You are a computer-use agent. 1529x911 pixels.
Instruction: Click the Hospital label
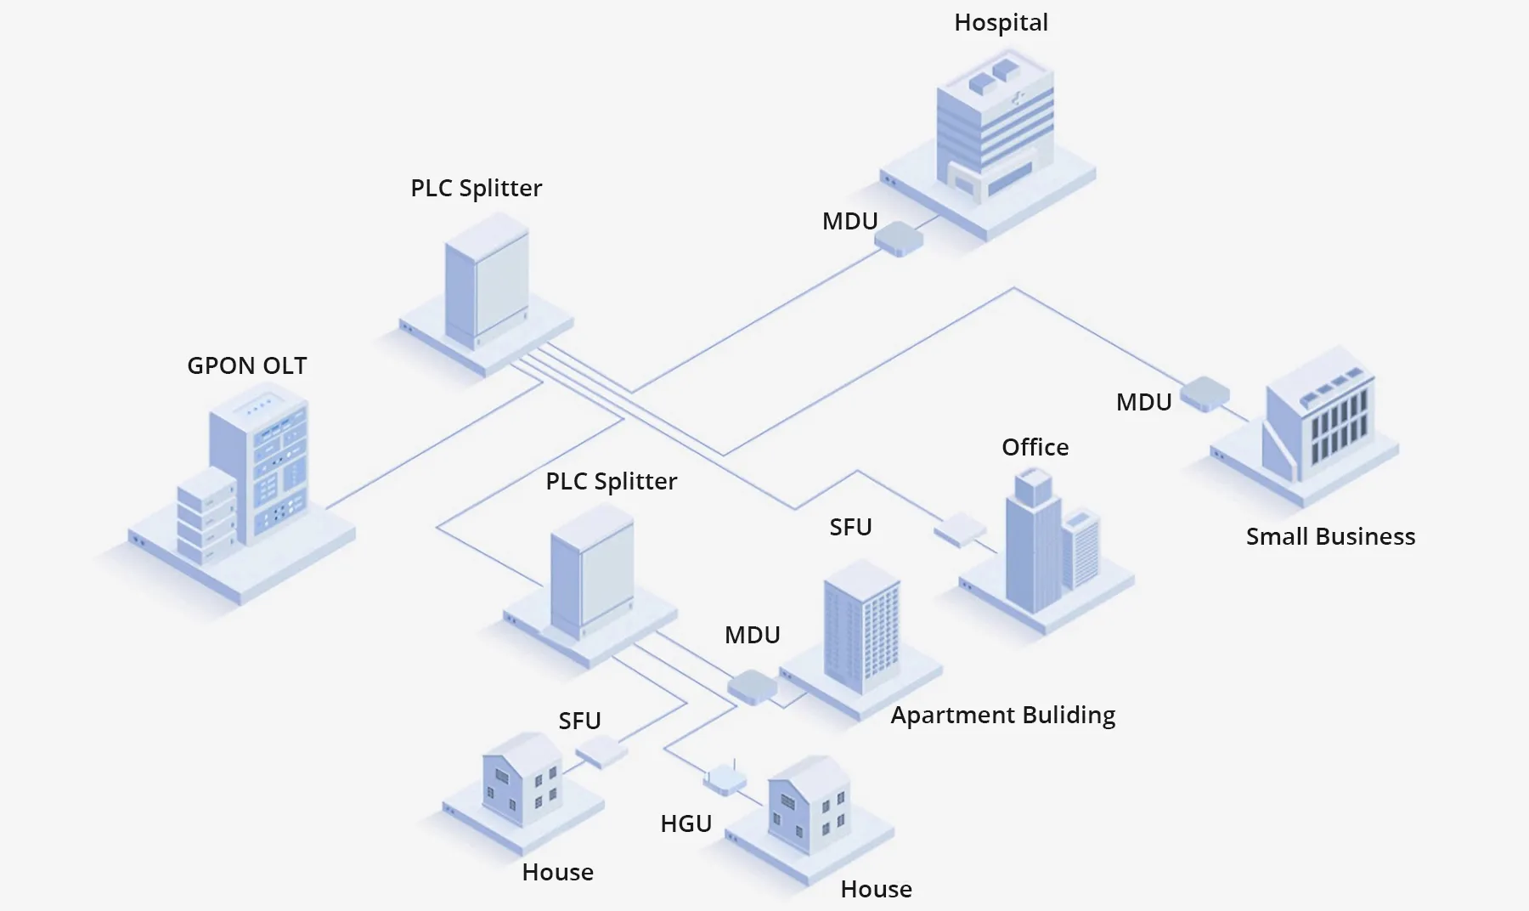[x=1001, y=23]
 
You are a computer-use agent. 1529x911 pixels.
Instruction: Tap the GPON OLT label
[x=246, y=366]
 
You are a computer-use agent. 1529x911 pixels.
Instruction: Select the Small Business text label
[x=1330, y=537]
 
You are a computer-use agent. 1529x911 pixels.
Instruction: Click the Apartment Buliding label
[x=1002, y=716]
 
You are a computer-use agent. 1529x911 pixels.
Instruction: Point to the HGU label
[x=686, y=823]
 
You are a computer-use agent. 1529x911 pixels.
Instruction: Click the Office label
[x=1035, y=448]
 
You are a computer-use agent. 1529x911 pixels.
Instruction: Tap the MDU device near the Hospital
[x=899, y=240]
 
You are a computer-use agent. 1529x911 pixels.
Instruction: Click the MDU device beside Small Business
[x=1205, y=394]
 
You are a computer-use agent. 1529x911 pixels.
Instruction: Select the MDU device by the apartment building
[x=753, y=687]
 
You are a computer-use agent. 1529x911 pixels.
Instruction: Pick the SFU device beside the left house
[x=601, y=750]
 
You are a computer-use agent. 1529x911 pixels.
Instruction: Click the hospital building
[x=995, y=127]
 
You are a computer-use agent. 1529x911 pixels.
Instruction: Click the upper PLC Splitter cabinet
[x=487, y=285]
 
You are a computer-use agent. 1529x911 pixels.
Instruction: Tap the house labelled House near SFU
[x=522, y=780]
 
